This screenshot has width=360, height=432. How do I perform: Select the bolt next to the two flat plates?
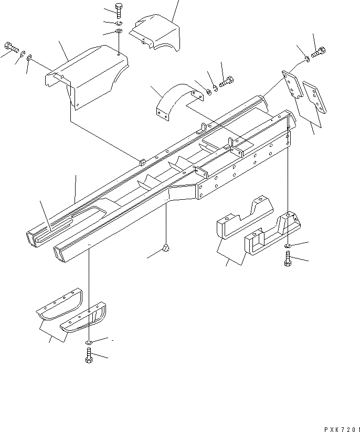coord(319,52)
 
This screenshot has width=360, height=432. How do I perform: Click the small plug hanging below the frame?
coord(166,248)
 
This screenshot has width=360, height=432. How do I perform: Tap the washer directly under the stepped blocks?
coord(288,245)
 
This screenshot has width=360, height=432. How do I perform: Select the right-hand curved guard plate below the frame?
coord(84,320)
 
